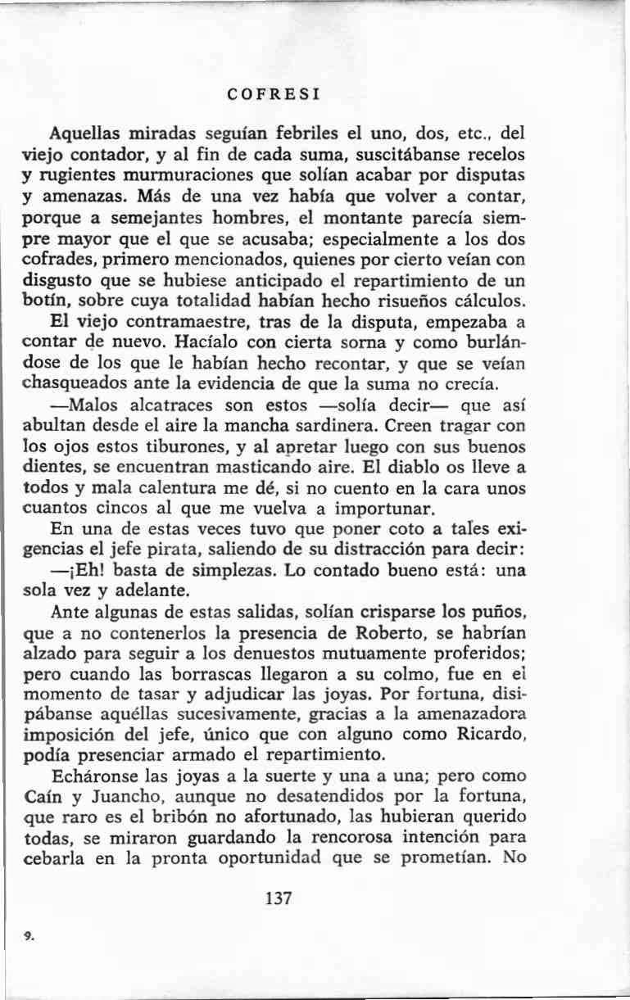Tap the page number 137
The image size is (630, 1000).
click(279, 898)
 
